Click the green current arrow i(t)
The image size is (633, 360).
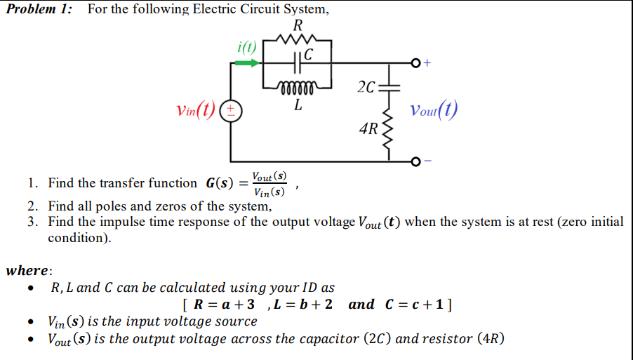click(246, 62)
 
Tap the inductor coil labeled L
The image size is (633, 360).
click(298, 88)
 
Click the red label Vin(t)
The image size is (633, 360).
click(196, 110)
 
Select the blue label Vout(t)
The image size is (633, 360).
click(434, 110)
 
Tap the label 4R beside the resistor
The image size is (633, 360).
click(368, 129)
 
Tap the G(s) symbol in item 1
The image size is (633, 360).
click(219, 184)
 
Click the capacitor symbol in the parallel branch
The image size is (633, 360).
click(297, 62)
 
